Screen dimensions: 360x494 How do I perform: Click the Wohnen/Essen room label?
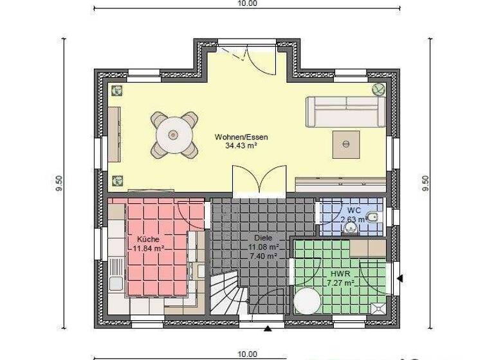coord(242,137)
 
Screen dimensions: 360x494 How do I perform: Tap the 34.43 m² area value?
coord(242,146)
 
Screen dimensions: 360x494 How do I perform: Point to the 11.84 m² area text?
coord(149,248)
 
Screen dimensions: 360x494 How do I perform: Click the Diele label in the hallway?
coord(264,237)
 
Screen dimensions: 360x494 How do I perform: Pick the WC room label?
coord(354,210)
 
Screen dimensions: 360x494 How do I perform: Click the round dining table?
coord(173,134)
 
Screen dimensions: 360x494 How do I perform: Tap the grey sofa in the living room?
coord(345,111)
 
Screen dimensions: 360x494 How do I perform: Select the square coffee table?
coord(346,143)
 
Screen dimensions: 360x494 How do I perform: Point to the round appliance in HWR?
coord(307,300)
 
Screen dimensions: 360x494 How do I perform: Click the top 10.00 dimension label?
coord(247,3)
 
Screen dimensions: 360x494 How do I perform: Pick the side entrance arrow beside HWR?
coord(400,278)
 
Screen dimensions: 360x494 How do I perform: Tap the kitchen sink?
coord(116,283)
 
